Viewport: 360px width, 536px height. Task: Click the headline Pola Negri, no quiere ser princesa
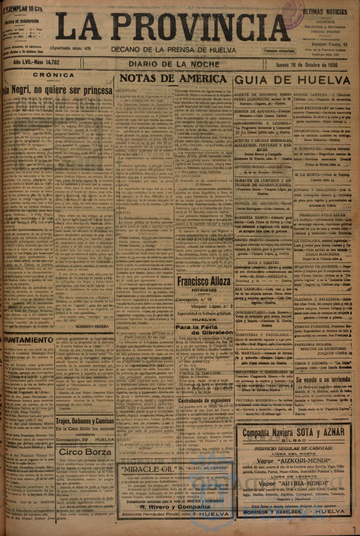[x=57, y=90]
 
